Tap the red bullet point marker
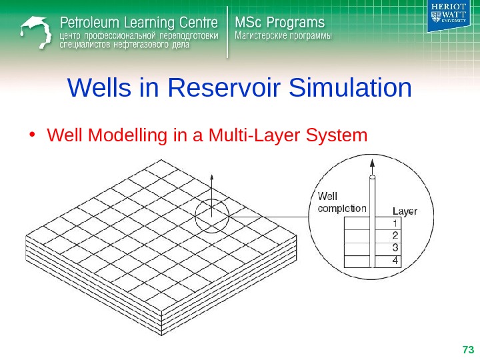(x=32, y=135)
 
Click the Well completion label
(x=339, y=202)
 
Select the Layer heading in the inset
(x=404, y=211)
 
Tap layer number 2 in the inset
(x=395, y=235)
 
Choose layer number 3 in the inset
(x=395, y=248)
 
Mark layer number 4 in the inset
(x=395, y=261)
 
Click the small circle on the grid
(x=212, y=216)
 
